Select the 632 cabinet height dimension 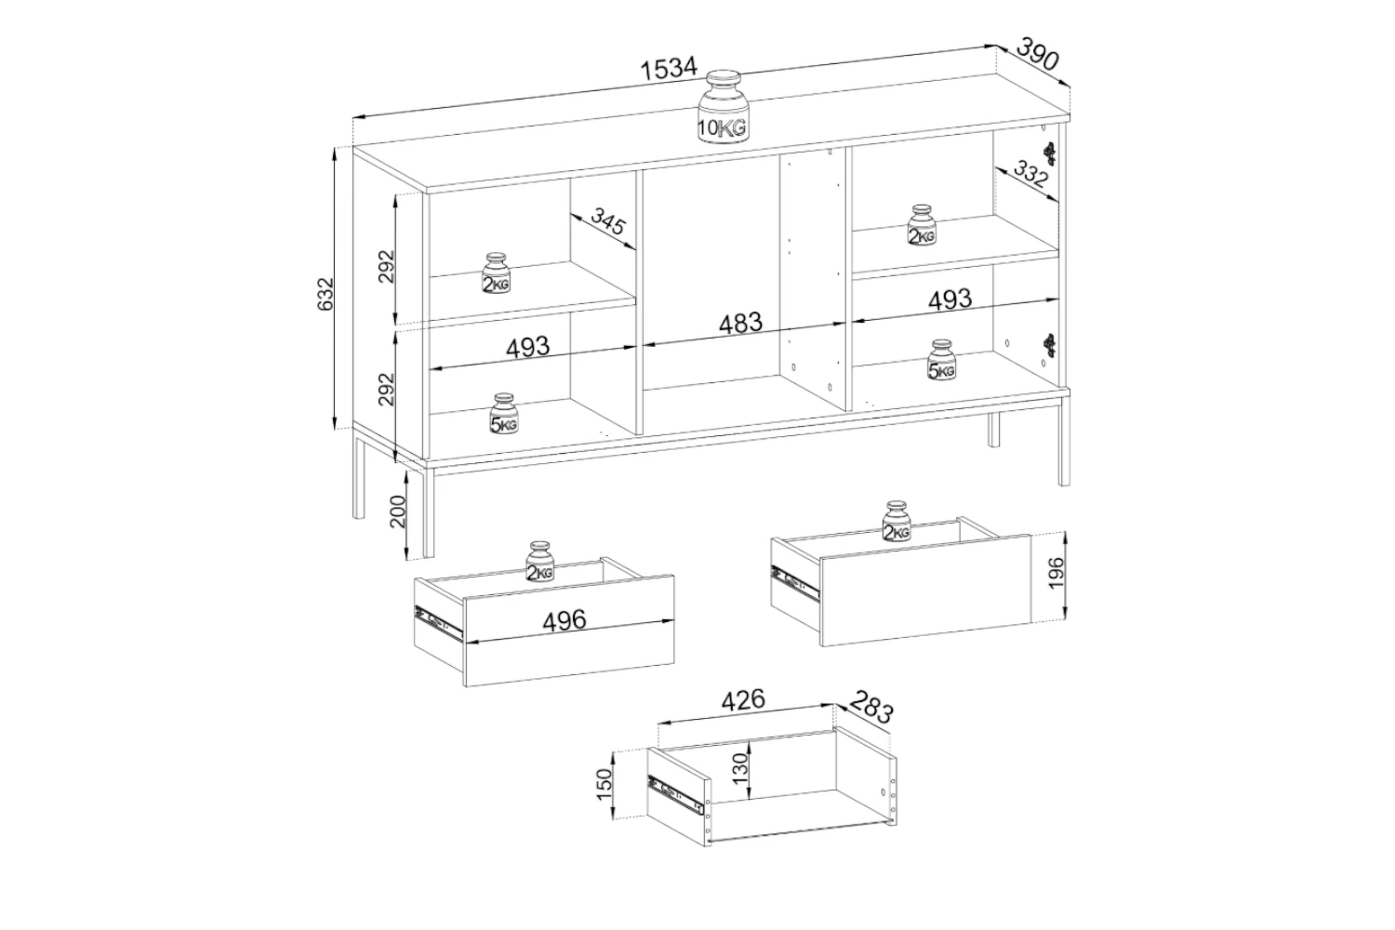tap(325, 293)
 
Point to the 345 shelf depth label tap(607, 221)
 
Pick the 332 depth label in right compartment tap(1031, 174)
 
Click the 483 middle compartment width tap(740, 323)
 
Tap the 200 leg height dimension tap(398, 512)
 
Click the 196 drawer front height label tap(1056, 575)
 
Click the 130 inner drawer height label tap(739, 768)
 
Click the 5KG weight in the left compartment tap(503, 414)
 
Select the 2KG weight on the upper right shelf tap(922, 225)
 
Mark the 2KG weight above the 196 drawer tap(897, 521)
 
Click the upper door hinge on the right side tap(1051, 153)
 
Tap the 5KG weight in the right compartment tap(941, 360)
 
